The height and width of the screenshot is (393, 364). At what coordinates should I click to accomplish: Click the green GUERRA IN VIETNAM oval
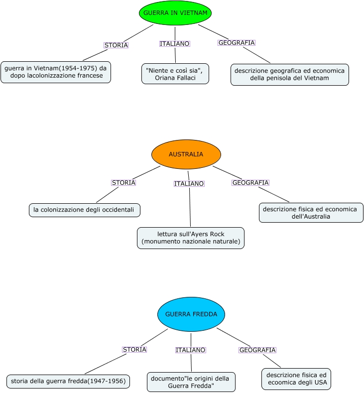[175, 13]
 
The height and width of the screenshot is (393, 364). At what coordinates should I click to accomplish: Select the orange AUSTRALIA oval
[186, 154]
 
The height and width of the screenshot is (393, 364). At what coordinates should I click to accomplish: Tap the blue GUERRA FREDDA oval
[191, 314]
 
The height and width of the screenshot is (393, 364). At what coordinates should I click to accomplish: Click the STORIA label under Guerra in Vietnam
[116, 45]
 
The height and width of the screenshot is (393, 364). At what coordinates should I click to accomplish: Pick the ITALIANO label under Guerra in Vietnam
[175, 44]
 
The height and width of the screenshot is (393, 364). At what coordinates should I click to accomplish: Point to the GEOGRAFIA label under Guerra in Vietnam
[237, 43]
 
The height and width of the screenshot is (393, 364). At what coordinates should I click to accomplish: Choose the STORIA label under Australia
[123, 183]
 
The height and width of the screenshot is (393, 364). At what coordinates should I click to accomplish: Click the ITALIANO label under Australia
[189, 184]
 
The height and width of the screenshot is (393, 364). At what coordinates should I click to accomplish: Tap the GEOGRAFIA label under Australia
[250, 183]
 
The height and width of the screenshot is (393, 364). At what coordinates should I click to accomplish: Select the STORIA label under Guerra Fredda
[134, 350]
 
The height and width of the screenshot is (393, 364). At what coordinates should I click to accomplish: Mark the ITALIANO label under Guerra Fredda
[190, 350]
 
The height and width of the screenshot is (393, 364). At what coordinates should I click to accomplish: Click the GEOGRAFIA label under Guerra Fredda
[257, 350]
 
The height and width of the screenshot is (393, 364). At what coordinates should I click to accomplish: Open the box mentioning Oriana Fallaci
[175, 74]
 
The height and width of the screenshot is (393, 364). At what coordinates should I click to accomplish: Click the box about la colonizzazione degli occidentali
[84, 210]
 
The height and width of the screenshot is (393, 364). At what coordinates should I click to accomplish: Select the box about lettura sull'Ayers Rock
[191, 238]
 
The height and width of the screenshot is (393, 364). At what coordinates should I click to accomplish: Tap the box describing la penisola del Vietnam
[289, 74]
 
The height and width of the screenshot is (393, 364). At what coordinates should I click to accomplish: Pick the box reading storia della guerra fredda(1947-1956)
[68, 382]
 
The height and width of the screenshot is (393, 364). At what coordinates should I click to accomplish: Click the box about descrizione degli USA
[296, 379]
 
